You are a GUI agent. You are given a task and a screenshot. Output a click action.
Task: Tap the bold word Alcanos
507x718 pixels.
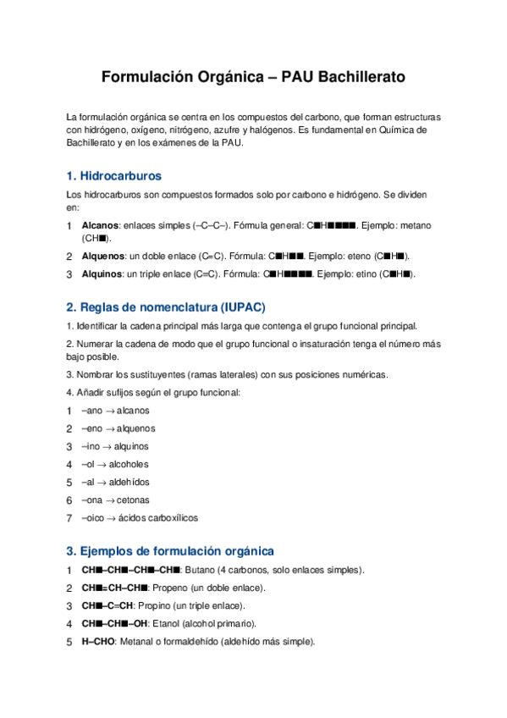pyautogui.click(x=100, y=226)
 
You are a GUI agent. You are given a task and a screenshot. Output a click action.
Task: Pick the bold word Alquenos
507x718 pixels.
pyautogui.click(x=103, y=256)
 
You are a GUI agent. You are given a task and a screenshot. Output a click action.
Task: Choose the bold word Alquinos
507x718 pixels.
pyautogui.click(x=102, y=274)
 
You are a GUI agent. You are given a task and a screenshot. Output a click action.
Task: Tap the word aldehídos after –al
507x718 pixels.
pyautogui.click(x=129, y=482)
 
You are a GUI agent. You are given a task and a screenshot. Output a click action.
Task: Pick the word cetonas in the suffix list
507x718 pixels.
pyautogui.click(x=133, y=500)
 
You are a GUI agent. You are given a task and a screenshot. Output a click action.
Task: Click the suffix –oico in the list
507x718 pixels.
pyautogui.click(x=93, y=517)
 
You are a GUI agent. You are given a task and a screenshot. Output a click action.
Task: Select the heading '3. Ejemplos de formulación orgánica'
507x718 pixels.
pyautogui.click(x=170, y=550)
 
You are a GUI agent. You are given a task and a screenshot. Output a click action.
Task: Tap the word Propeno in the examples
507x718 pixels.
pyautogui.click(x=175, y=588)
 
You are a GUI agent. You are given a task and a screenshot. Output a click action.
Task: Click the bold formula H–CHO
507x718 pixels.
pyautogui.click(x=98, y=642)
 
